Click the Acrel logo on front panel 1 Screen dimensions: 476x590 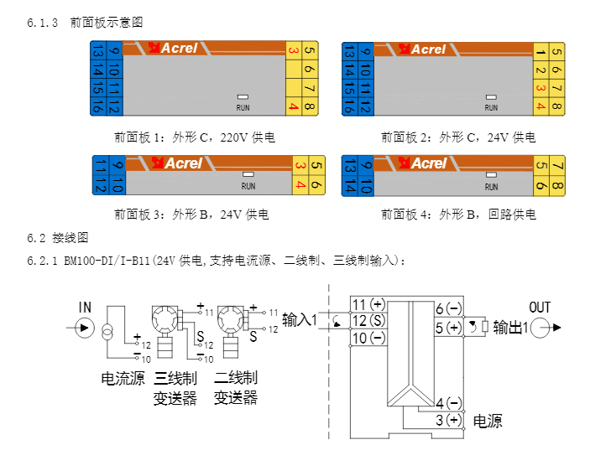tap(173, 49)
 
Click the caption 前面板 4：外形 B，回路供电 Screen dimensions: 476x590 tap(458, 215)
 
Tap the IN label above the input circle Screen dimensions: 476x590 tap(85, 308)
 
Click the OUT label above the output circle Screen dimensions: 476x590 tap(540, 308)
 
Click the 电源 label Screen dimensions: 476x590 tap(488, 421)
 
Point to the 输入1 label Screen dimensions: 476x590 tap(300, 319)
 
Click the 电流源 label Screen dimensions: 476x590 tap(123, 379)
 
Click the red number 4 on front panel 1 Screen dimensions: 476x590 tap(293, 106)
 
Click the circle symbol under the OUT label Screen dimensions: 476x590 tap(540, 328)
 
